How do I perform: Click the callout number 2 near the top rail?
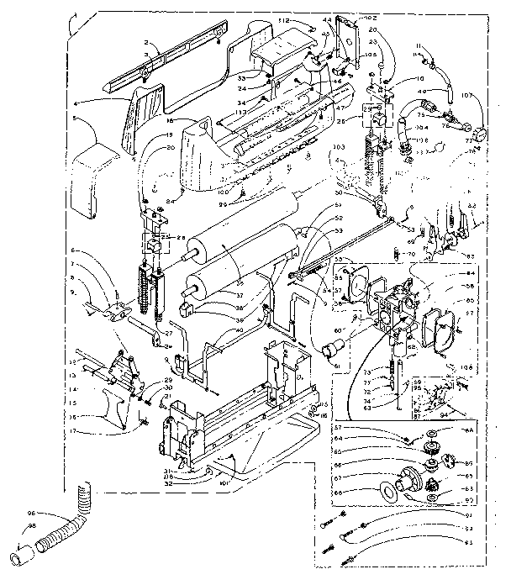pyautogui.click(x=145, y=42)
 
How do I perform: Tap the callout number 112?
pyautogui.click(x=283, y=20)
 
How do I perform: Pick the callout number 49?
pyautogui.click(x=421, y=91)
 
